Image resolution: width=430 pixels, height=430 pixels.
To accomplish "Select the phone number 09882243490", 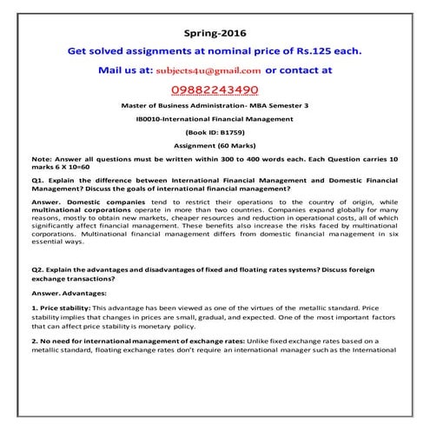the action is coord(214,89).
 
